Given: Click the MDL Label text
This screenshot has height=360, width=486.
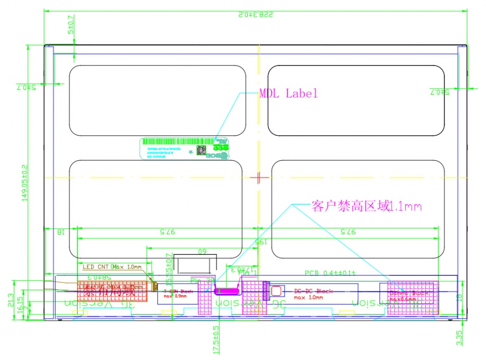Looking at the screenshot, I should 288,94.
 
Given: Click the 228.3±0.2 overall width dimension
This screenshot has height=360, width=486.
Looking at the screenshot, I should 255,14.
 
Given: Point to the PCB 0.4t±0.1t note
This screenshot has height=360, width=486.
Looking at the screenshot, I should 330,273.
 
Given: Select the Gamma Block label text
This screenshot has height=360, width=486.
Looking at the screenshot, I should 410,293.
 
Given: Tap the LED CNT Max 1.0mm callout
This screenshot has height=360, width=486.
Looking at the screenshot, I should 112,266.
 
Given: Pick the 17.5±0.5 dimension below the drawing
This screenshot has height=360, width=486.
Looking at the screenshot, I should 216,340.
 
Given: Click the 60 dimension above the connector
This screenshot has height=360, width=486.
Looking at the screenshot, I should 202,252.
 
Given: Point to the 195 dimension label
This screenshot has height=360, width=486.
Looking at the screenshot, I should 259,241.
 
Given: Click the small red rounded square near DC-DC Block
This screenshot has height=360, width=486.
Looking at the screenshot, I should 276,291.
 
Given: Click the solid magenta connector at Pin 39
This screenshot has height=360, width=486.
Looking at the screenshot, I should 227,290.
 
